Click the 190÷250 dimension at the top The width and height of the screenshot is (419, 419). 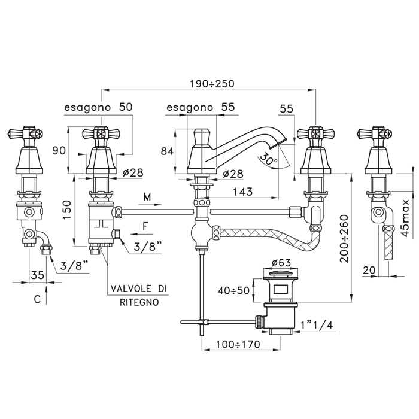coord(212,84)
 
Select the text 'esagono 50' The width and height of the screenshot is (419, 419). coord(98,107)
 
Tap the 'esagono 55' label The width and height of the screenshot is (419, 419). coord(201,107)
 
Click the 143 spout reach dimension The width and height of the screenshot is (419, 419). coord(242,192)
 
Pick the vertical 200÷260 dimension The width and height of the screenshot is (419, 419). coord(345,239)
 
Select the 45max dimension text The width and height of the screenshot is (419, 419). coord(406,218)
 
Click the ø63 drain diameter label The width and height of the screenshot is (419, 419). coord(281,262)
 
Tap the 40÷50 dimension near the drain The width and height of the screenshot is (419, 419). coord(233,290)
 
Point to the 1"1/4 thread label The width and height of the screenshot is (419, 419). coord(317,325)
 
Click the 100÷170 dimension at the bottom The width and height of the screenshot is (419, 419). coord(238,344)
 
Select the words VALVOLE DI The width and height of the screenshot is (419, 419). coord(139,289)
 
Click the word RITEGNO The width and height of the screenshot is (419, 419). coord(139,302)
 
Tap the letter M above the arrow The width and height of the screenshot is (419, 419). coord(147,197)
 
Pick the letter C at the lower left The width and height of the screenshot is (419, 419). coord(37,299)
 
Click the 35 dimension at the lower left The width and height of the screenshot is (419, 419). coord(37,274)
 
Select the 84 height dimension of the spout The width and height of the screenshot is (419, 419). coord(167,151)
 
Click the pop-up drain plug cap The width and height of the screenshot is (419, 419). coord(281,274)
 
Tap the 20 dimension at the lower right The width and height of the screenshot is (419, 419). coord(369,270)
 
